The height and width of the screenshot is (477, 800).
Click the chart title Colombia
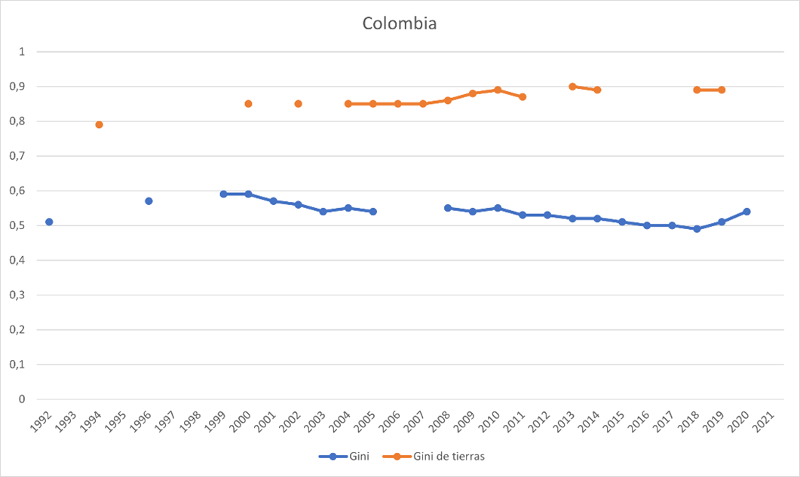click(400, 23)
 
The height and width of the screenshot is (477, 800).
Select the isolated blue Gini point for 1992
click(49, 222)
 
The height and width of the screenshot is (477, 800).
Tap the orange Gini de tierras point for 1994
click(99, 124)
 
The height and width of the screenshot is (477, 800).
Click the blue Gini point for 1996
click(149, 201)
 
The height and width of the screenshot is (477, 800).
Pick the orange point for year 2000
click(248, 104)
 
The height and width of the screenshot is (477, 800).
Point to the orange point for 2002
click(298, 104)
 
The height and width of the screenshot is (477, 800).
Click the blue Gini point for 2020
click(746, 212)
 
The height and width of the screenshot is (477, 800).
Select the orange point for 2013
click(572, 87)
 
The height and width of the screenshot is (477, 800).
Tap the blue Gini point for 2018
click(697, 229)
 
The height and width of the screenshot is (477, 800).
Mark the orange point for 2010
click(498, 90)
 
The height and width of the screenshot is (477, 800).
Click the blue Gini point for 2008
click(448, 208)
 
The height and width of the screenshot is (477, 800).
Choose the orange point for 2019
click(722, 90)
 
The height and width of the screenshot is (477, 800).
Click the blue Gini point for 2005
click(372, 212)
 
